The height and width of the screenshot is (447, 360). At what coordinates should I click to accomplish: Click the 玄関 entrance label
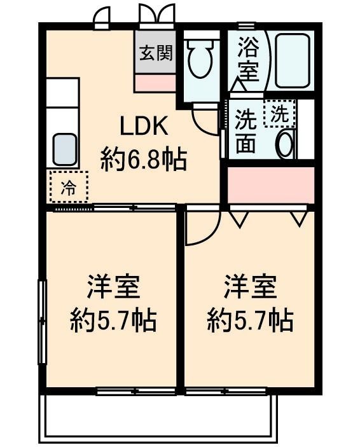click(156, 53)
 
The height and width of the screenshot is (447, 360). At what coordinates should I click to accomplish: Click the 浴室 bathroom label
click(249, 59)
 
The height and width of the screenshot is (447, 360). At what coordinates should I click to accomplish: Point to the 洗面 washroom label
click(246, 132)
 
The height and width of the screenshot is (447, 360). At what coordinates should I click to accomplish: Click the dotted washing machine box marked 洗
click(280, 113)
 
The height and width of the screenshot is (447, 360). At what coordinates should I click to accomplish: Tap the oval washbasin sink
click(286, 144)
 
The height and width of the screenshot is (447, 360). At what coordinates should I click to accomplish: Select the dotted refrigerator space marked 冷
click(69, 186)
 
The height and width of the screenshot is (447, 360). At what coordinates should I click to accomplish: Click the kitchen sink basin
click(65, 149)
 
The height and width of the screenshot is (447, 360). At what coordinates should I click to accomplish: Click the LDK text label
click(144, 126)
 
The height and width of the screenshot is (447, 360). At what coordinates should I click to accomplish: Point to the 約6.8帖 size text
click(144, 160)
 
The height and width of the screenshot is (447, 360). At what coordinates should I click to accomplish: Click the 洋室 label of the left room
click(113, 287)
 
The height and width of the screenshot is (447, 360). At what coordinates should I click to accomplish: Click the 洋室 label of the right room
click(250, 287)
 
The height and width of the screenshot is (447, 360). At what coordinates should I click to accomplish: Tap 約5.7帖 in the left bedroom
click(113, 321)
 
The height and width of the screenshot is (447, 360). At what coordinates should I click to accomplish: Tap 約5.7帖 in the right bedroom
click(250, 321)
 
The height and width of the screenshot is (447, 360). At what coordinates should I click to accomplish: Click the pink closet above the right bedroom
click(271, 185)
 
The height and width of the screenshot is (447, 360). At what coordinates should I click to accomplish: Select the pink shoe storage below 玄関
click(155, 83)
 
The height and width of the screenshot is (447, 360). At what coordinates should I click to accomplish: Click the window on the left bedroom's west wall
click(42, 322)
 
